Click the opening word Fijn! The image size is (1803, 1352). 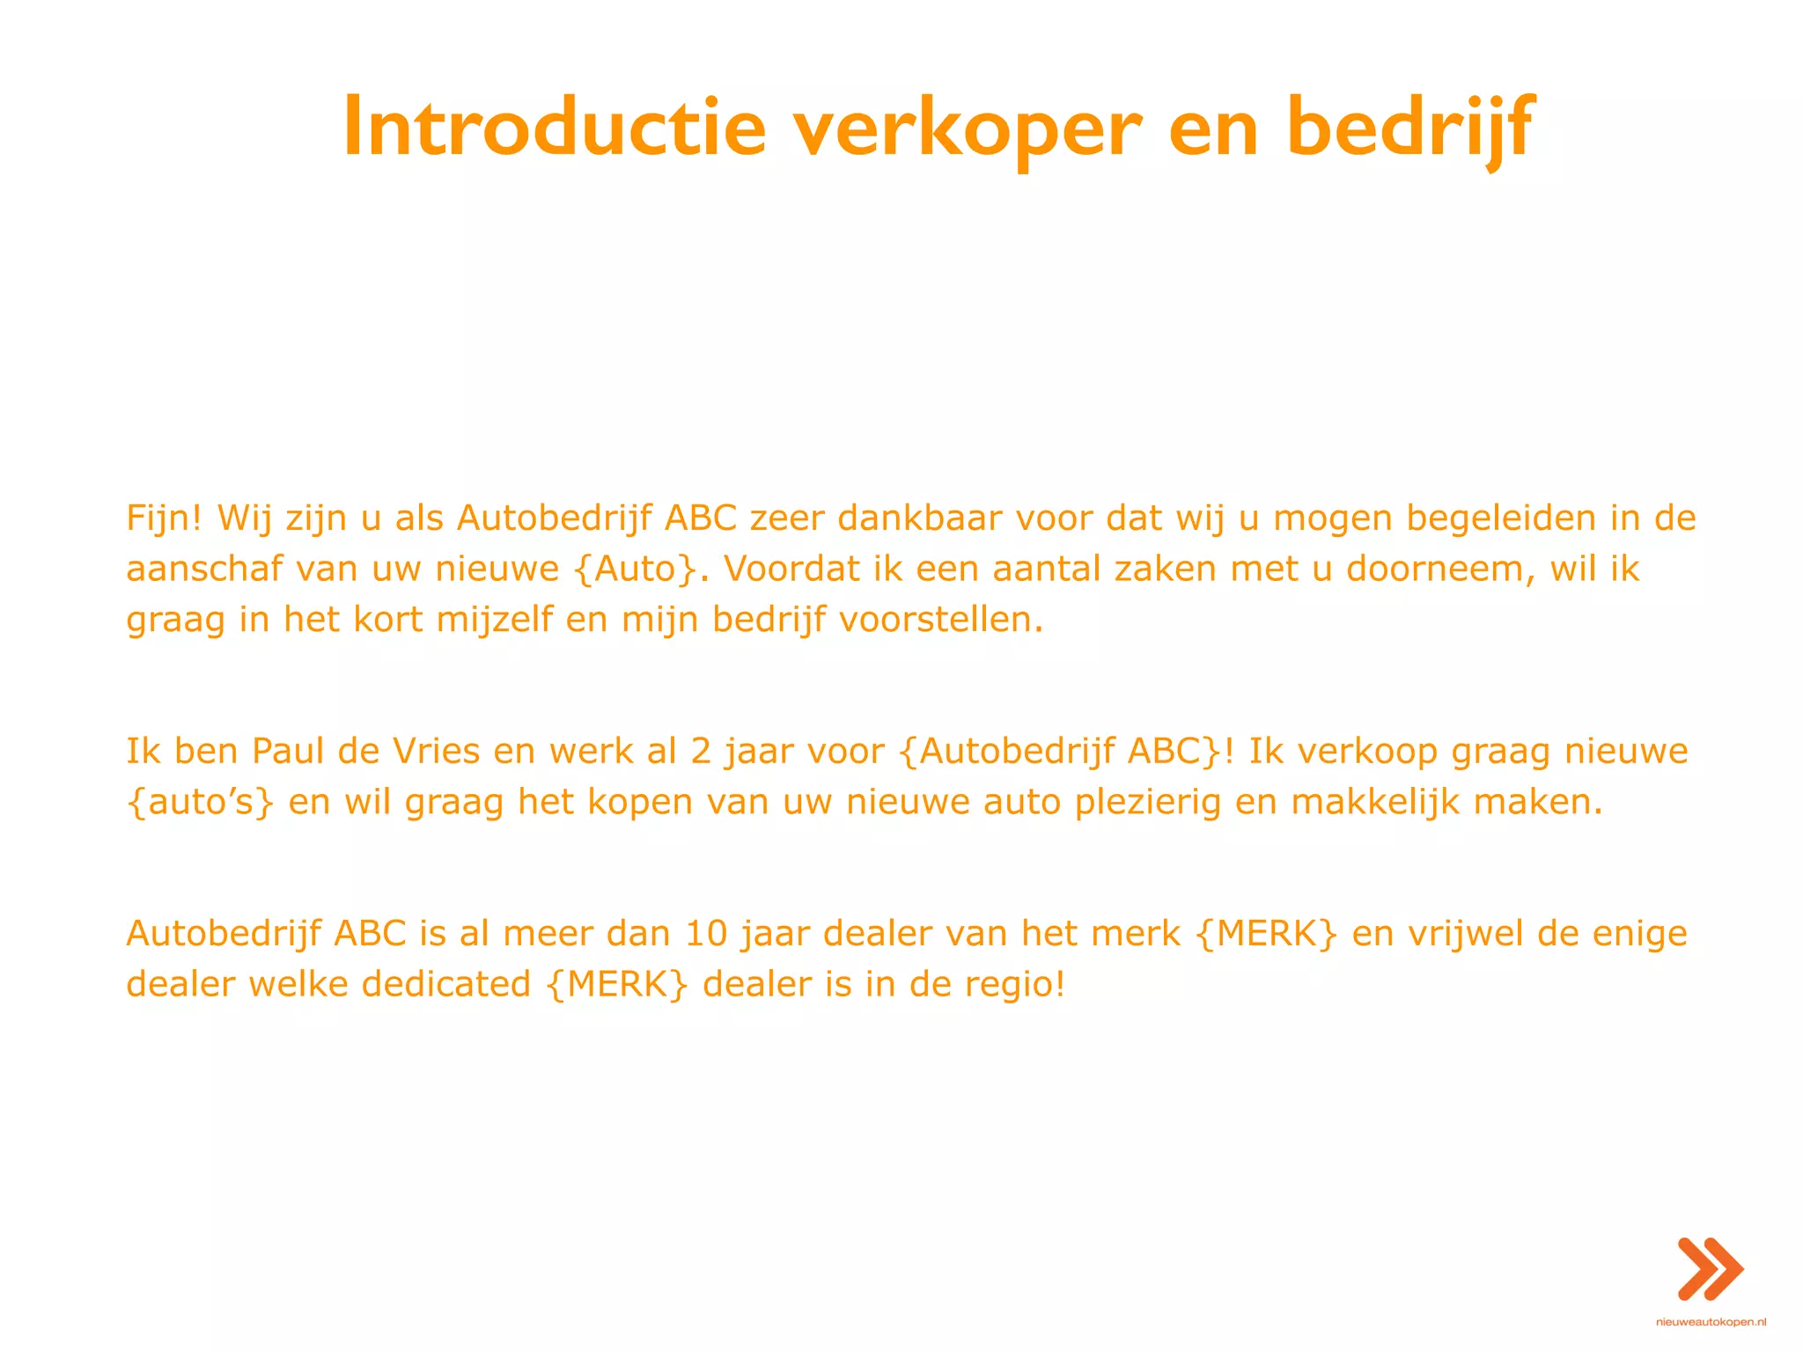pyautogui.click(x=165, y=518)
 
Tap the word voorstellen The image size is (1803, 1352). pyautogui.click(x=940, y=620)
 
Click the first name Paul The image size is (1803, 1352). pyautogui.click(x=288, y=751)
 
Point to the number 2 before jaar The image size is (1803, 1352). pyautogui.click(x=700, y=751)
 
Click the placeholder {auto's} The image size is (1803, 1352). pyautogui.click(x=201, y=802)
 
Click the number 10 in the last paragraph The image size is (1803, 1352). pyautogui.click(x=706, y=933)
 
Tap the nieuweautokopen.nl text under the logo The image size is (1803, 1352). pyautogui.click(x=1711, y=1322)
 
